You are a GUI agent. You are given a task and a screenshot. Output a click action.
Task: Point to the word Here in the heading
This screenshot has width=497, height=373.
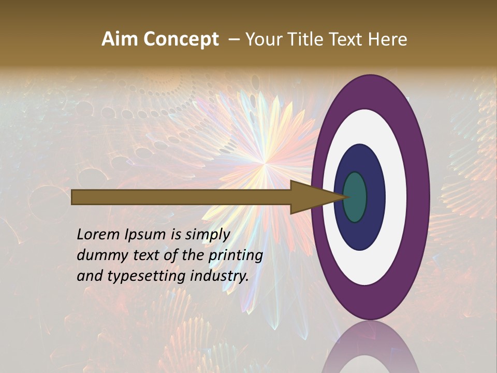[x=388, y=39]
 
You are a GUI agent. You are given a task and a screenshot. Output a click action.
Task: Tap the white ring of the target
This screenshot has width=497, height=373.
[x=396, y=197]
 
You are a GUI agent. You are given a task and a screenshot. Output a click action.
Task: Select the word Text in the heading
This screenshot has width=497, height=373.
[x=349, y=39]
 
